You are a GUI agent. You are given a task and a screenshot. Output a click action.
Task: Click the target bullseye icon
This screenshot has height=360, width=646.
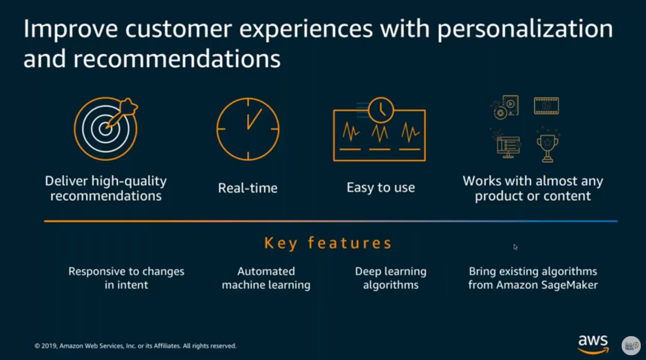[x=105, y=129]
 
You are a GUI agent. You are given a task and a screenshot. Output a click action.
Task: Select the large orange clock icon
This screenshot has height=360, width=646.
[x=248, y=129]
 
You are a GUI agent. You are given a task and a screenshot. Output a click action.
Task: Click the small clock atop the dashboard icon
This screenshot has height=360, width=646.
[x=381, y=110]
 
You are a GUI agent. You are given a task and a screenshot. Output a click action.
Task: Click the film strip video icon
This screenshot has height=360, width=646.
[x=546, y=106]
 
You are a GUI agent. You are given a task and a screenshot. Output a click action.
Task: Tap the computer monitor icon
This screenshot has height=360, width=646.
[x=508, y=147]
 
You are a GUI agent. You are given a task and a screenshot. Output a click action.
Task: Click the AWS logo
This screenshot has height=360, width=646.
[x=593, y=344]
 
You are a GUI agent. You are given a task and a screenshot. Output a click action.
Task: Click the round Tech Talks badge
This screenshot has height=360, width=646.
[x=631, y=346]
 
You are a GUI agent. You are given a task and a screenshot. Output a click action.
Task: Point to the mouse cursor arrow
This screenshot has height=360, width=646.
[x=515, y=247]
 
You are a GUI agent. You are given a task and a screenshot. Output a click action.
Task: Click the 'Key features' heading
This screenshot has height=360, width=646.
[x=328, y=243]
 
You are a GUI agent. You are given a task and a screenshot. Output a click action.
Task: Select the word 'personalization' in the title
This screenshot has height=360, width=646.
[x=525, y=29]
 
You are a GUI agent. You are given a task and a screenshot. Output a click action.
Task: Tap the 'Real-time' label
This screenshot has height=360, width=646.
[x=248, y=188]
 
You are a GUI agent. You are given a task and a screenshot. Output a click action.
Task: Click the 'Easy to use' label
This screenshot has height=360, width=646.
[x=381, y=188]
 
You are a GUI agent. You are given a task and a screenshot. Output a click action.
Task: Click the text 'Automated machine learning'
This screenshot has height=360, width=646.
[x=266, y=278]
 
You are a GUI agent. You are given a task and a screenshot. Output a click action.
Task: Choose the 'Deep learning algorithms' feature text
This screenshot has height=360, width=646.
[x=391, y=278]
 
